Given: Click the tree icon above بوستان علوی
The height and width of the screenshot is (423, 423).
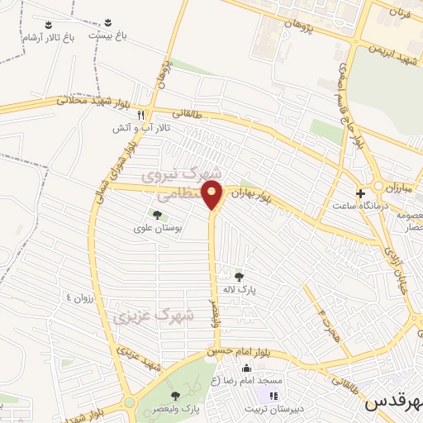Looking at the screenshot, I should (x=157, y=215).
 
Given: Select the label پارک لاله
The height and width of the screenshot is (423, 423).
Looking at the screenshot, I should (x=240, y=289).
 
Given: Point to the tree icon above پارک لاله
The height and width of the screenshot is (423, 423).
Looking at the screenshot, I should (x=240, y=277).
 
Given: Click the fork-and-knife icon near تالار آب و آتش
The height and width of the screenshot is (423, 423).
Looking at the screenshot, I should (x=141, y=116).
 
